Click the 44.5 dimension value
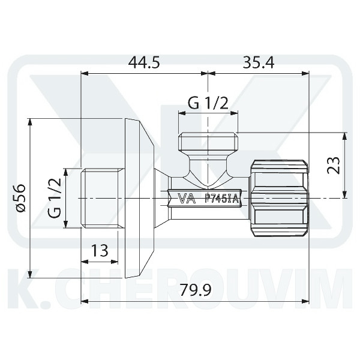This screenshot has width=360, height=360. tap(144, 62)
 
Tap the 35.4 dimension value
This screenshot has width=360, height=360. tap(259, 62)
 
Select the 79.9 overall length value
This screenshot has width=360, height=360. tap(195, 290)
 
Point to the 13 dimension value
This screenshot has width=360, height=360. tap(100, 250)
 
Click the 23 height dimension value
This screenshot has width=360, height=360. tap(334, 166)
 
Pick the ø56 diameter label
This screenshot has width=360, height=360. tap(21, 198)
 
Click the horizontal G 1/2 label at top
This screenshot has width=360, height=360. tap(208, 103)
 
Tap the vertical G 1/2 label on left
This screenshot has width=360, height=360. tap(55, 198)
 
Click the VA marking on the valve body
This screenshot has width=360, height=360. tap(187, 199)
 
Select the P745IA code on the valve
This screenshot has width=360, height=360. tap(222, 199)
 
